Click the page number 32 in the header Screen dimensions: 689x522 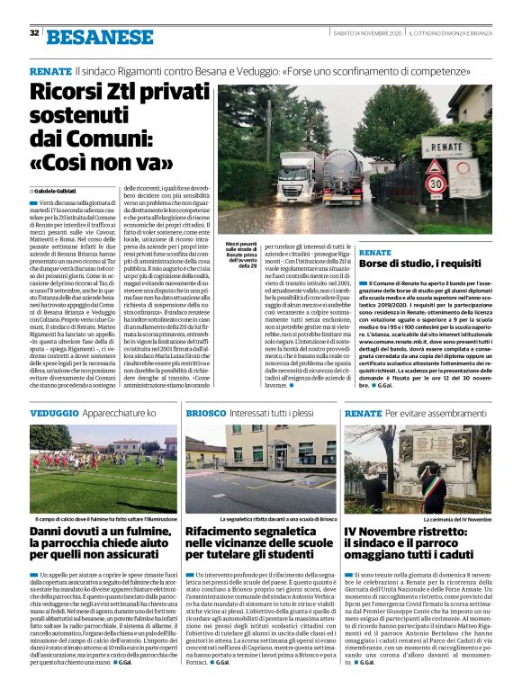click(x=33, y=33)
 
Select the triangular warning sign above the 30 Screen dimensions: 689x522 click(x=436, y=166)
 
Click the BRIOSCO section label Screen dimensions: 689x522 click(x=205, y=412)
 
